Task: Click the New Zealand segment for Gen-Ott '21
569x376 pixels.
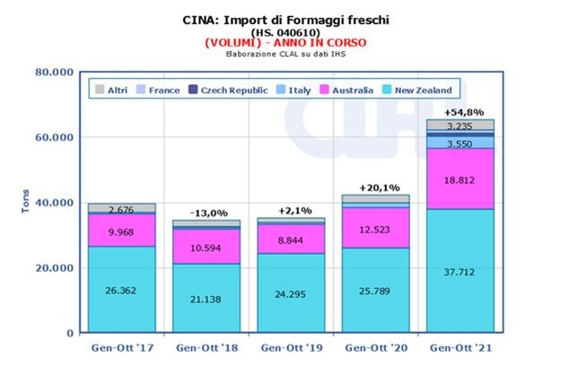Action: click(x=460, y=269)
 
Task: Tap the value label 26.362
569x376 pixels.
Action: click(x=122, y=290)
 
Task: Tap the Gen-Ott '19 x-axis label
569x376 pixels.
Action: click(x=289, y=346)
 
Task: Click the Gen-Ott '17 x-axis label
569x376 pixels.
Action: click(x=121, y=346)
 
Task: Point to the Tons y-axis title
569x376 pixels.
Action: click(x=24, y=201)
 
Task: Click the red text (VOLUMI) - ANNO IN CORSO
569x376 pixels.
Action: click(x=284, y=42)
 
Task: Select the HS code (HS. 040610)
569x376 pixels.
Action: click(x=284, y=31)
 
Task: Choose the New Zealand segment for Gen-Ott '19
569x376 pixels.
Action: click(x=289, y=292)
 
